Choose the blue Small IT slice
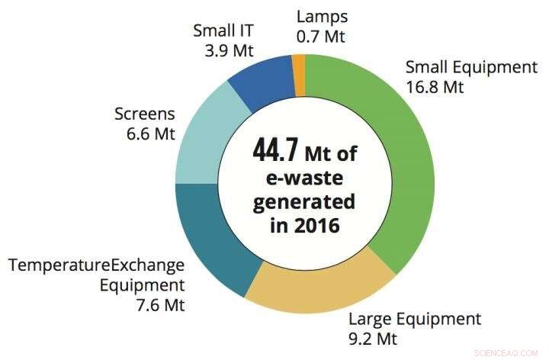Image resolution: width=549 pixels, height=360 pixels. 259,80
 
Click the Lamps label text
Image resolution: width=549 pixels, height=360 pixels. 322,15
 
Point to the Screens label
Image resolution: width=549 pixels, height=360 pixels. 144,114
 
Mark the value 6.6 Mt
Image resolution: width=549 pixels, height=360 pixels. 147,135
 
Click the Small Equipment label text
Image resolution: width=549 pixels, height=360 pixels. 471,66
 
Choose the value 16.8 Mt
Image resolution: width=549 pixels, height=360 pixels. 435,87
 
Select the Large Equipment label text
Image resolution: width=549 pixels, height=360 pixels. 415,318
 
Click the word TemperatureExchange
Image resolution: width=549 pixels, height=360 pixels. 96,265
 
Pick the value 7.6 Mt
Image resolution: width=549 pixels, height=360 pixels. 157,306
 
